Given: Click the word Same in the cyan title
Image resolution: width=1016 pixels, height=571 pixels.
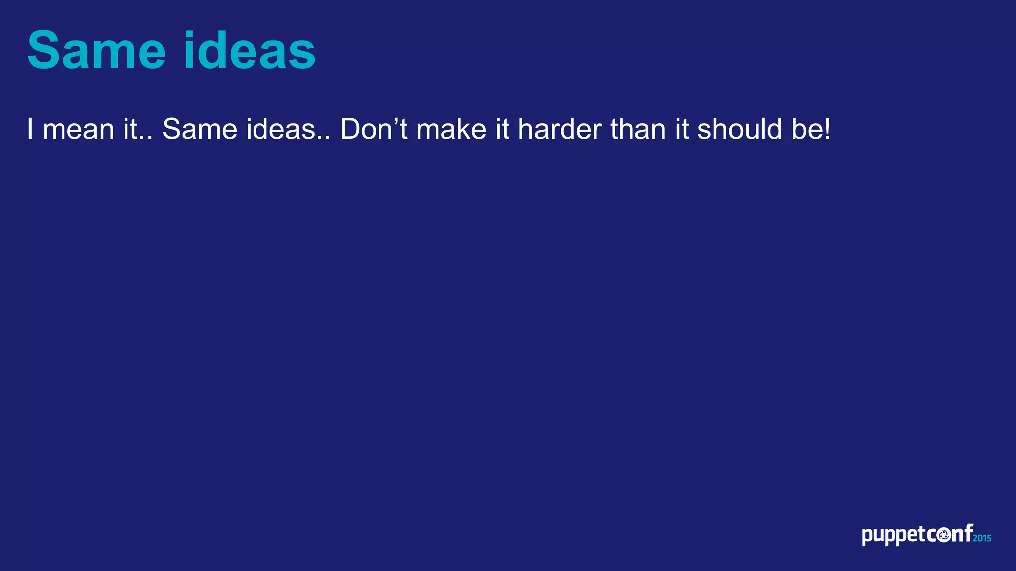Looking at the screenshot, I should coord(96,51).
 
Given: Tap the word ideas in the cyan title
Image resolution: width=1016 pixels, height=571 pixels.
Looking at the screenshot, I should coord(249,51).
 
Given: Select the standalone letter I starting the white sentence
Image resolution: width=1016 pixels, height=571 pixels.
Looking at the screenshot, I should coord(30,129).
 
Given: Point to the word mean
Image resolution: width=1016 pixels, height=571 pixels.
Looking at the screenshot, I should coord(78,130).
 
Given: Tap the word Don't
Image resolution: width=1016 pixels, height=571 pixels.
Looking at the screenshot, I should coord(374,130).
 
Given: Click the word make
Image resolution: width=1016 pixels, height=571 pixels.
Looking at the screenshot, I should coord(451,130).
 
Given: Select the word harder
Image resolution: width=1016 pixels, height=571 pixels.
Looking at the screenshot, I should coord(560,130).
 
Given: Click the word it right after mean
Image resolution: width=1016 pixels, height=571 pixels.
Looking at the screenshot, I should coord(130,130).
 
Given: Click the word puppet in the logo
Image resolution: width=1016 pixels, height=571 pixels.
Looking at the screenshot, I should coord(893,536).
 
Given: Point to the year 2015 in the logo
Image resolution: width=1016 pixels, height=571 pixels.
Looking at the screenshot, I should coord(982,538).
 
